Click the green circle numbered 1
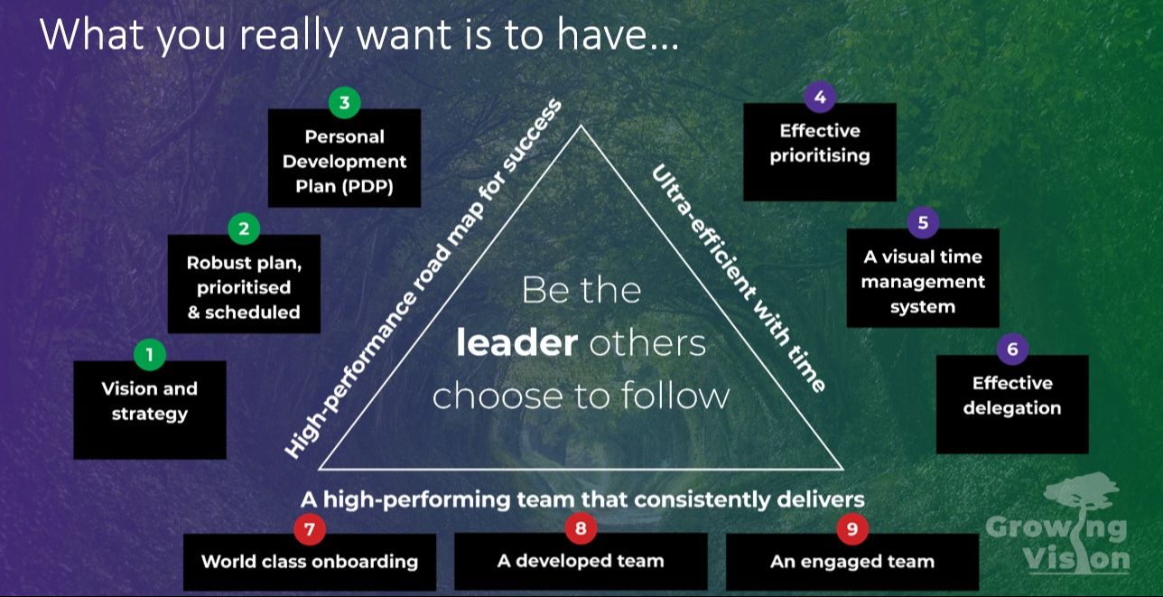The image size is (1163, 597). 149,355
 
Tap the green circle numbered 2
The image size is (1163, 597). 244,229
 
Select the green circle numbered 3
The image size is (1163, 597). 344,103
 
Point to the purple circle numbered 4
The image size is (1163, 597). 819,97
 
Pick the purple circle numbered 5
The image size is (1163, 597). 922,222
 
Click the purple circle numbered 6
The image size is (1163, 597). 1011,349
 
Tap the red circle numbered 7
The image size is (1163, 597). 309,529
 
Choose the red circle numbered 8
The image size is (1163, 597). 581,528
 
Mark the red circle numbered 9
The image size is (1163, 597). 851,529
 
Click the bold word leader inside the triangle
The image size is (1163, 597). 516,343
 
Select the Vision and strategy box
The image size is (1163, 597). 149,409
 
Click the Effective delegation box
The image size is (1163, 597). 1011,404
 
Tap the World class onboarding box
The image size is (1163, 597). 309,562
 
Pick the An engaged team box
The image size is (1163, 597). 851,562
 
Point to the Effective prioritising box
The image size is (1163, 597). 819,151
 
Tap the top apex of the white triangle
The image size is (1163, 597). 581,126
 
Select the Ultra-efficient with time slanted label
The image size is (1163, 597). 739,278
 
